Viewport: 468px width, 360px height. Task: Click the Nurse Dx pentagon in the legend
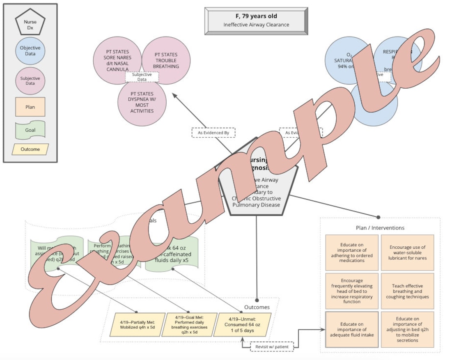(x=30, y=24)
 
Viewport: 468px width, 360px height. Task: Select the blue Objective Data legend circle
(x=30, y=50)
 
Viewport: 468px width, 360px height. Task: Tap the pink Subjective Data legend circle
(x=30, y=80)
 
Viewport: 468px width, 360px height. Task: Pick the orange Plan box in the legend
(x=30, y=107)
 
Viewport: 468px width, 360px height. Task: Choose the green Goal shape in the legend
(x=30, y=130)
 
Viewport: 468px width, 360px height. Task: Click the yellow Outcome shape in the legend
(x=30, y=149)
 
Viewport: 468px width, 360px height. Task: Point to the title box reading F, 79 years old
(x=256, y=21)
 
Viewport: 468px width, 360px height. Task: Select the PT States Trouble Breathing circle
(x=166, y=60)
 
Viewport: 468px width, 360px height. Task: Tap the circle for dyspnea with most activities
(x=142, y=102)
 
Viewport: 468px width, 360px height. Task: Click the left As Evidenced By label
(x=213, y=133)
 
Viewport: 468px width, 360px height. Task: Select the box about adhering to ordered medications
(x=352, y=252)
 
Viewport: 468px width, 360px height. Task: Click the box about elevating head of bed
(x=352, y=291)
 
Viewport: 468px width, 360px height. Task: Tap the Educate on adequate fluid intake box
(x=352, y=330)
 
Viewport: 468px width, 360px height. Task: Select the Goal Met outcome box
(x=190, y=325)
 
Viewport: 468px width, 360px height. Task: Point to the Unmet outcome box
(x=244, y=325)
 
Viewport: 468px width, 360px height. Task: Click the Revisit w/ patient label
(x=272, y=347)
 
